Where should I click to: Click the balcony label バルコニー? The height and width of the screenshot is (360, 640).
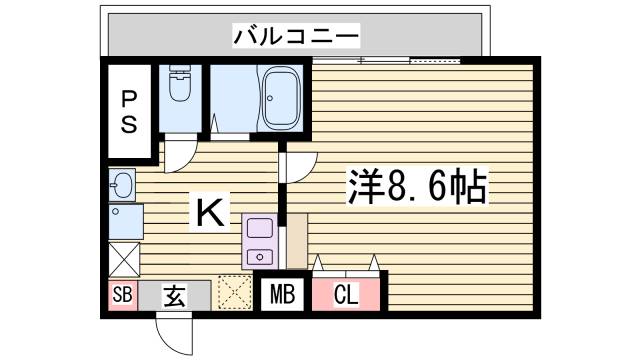point(296,37)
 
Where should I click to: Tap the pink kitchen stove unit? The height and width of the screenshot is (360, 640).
point(259,242)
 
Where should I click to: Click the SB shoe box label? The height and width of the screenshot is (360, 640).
point(122,296)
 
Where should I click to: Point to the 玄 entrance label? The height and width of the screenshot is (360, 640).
point(174,296)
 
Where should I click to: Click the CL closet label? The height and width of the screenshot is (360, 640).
point(345,296)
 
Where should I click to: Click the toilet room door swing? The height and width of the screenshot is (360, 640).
point(180,150)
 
